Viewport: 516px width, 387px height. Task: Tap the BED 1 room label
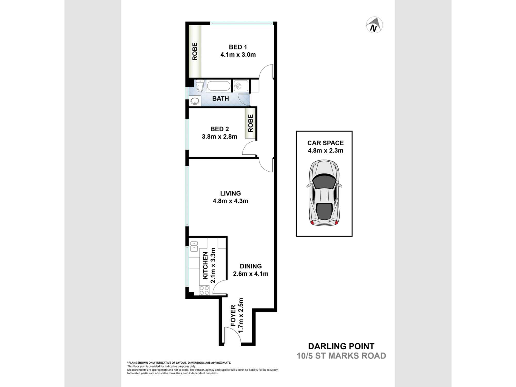[238, 47]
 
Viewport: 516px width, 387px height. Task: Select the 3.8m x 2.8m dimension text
[219, 136]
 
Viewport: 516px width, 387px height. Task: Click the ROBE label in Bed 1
[195, 52]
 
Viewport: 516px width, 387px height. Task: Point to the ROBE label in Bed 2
[251, 123]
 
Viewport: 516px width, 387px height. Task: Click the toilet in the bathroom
[200, 85]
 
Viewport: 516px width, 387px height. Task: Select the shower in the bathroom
[241, 86]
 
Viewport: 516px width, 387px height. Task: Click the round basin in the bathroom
[195, 101]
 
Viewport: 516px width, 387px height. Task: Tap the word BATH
[220, 99]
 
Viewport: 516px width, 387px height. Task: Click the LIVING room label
[230, 193]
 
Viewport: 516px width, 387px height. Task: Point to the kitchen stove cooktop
[204, 290]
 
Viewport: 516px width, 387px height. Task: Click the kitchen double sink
[194, 246]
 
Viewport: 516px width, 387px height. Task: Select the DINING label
[251, 266]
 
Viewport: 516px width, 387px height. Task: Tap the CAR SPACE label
[325, 143]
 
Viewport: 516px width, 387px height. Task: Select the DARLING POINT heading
[341, 346]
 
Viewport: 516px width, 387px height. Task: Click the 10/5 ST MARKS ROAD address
[341, 356]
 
